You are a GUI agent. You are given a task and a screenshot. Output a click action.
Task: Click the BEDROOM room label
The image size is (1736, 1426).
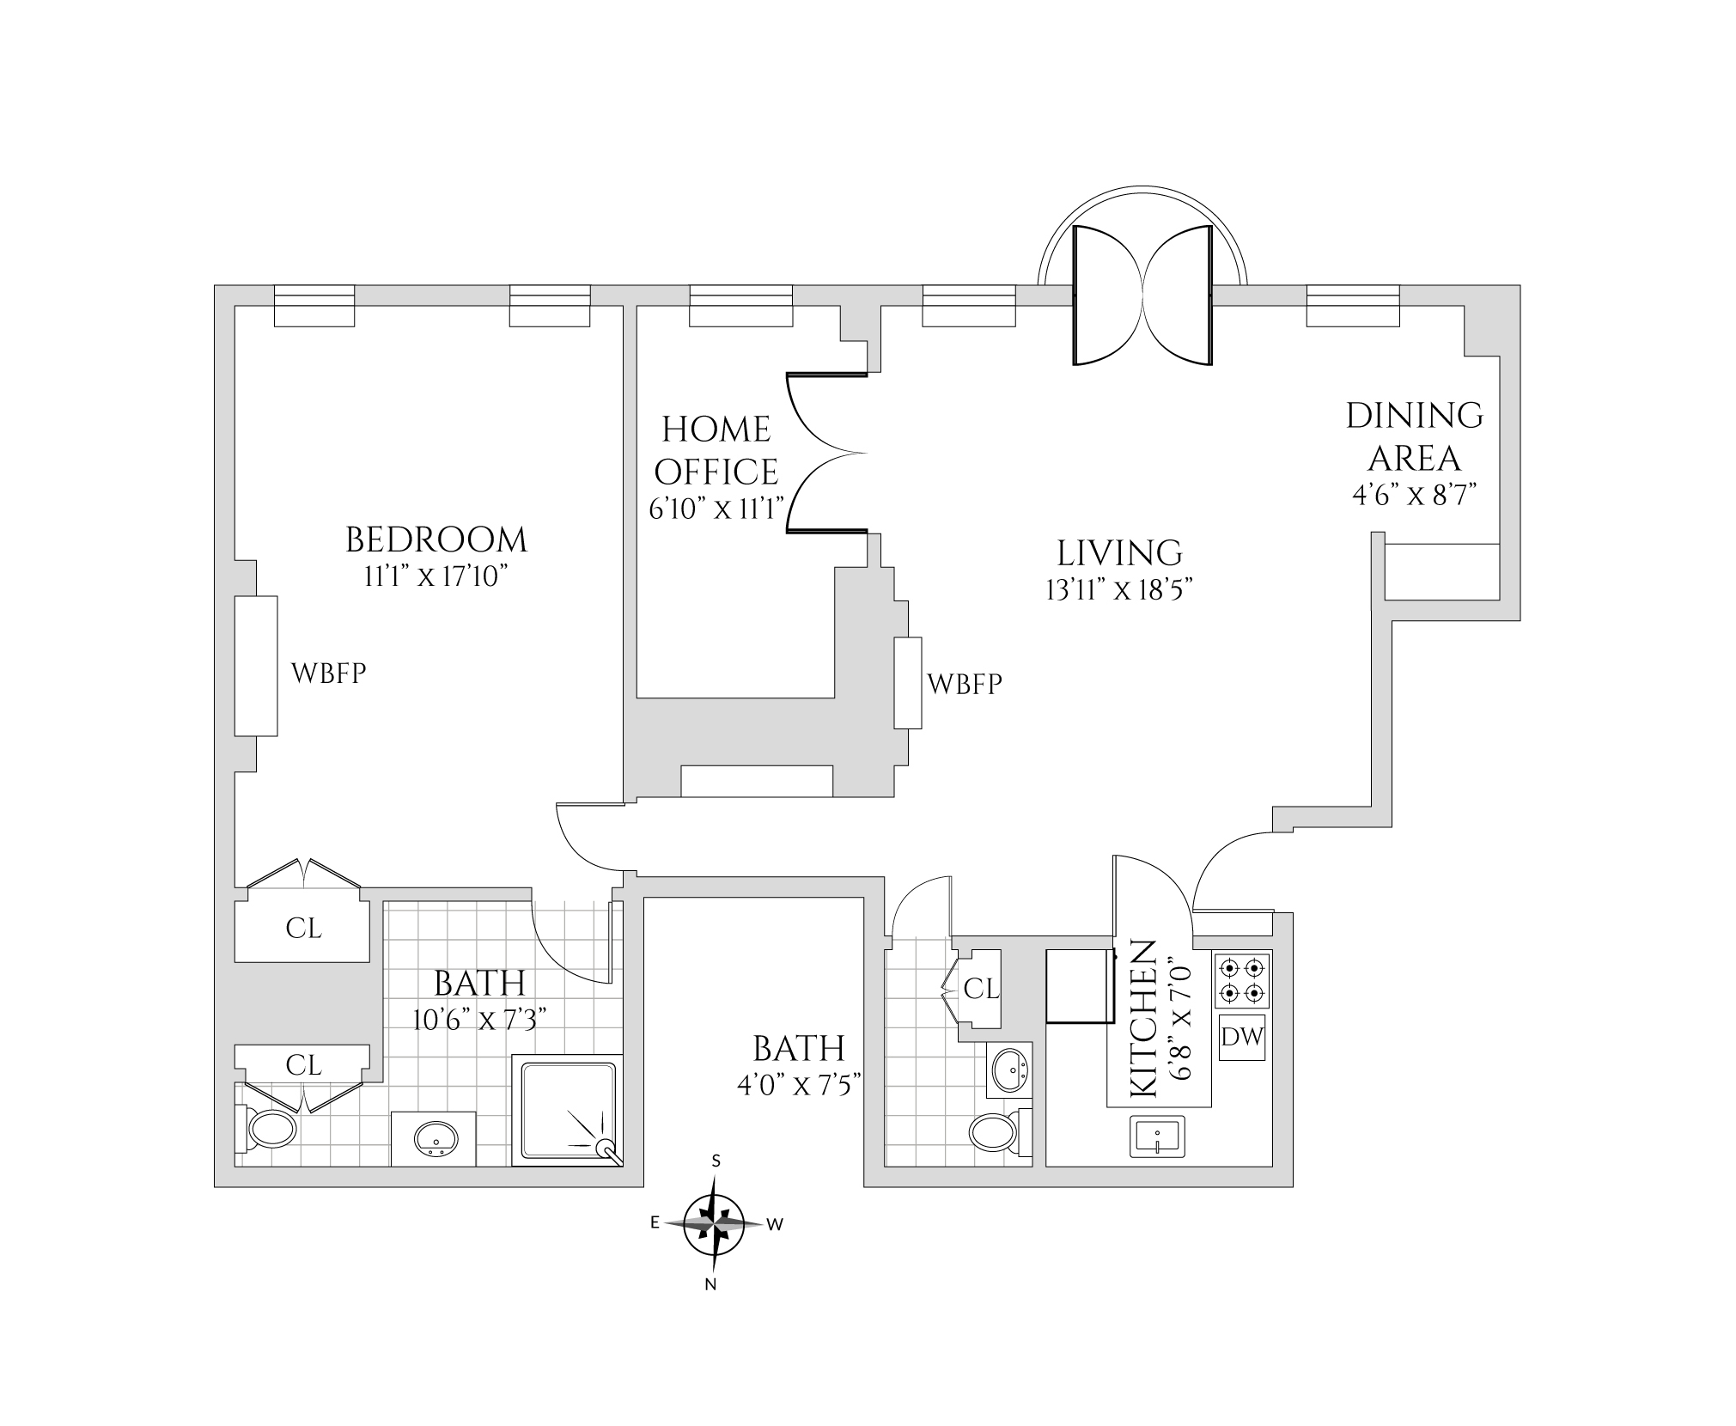pyautogui.click(x=436, y=539)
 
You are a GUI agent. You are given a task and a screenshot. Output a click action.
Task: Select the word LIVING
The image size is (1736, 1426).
pyautogui.click(x=1119, y=553)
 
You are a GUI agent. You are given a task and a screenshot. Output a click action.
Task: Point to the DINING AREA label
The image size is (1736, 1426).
pyautogui.click(x=1414, y=436)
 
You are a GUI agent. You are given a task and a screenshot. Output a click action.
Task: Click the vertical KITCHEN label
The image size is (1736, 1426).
pyautogui.click(x=1142, y=1019)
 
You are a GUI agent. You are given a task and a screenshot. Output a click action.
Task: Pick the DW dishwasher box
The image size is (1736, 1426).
pyautogui.click(x=1242, y=1037)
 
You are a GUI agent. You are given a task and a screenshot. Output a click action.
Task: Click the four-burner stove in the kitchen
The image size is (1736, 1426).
pyautogui.click(x=1242, y=980)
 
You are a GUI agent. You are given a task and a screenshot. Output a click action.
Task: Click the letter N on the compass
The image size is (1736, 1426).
pyautogui.click(x=710, y=1285)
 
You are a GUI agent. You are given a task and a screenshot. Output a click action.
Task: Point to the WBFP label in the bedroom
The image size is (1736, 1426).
pyautogui.click(x=329, y=673)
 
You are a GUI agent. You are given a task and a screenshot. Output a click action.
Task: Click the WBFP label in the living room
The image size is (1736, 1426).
pyautogui.click(x=965, y=684)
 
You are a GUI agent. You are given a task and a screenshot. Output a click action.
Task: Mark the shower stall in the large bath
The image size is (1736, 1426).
pyautogui.click(x=566, y=1110)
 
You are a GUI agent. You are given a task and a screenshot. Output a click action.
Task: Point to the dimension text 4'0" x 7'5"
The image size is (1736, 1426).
pyautogui.click(x=799, y=1086)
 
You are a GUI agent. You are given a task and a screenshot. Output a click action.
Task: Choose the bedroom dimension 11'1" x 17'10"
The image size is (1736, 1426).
pyautogui.click(x=436, y=576)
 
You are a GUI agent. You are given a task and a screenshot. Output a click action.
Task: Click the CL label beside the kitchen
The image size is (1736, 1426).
pyautogui.click(x=981, y=990)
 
